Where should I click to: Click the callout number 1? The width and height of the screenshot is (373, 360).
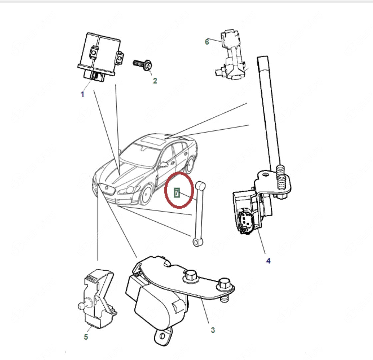(83, 94)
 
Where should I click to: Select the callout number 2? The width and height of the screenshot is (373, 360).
(155, 81)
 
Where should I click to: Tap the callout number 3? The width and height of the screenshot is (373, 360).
(213, 330)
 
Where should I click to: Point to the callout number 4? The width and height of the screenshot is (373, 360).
(268, 261)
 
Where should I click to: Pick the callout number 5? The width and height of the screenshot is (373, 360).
(86, 337)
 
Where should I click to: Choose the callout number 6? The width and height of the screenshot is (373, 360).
(207, 42)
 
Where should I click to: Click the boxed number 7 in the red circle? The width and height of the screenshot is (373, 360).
(177, 193)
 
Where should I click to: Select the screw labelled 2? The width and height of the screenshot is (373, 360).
(142, 65)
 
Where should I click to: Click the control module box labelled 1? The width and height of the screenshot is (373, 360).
(100, 57)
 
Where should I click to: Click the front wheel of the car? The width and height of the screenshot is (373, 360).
(146, 195)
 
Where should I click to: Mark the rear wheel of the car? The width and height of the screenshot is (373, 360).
(190, 164)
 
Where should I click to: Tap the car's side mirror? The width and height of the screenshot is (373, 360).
(164, 164)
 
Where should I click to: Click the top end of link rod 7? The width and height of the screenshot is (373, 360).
(200, 185)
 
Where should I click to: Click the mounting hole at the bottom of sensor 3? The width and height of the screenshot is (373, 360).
(162, 336)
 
